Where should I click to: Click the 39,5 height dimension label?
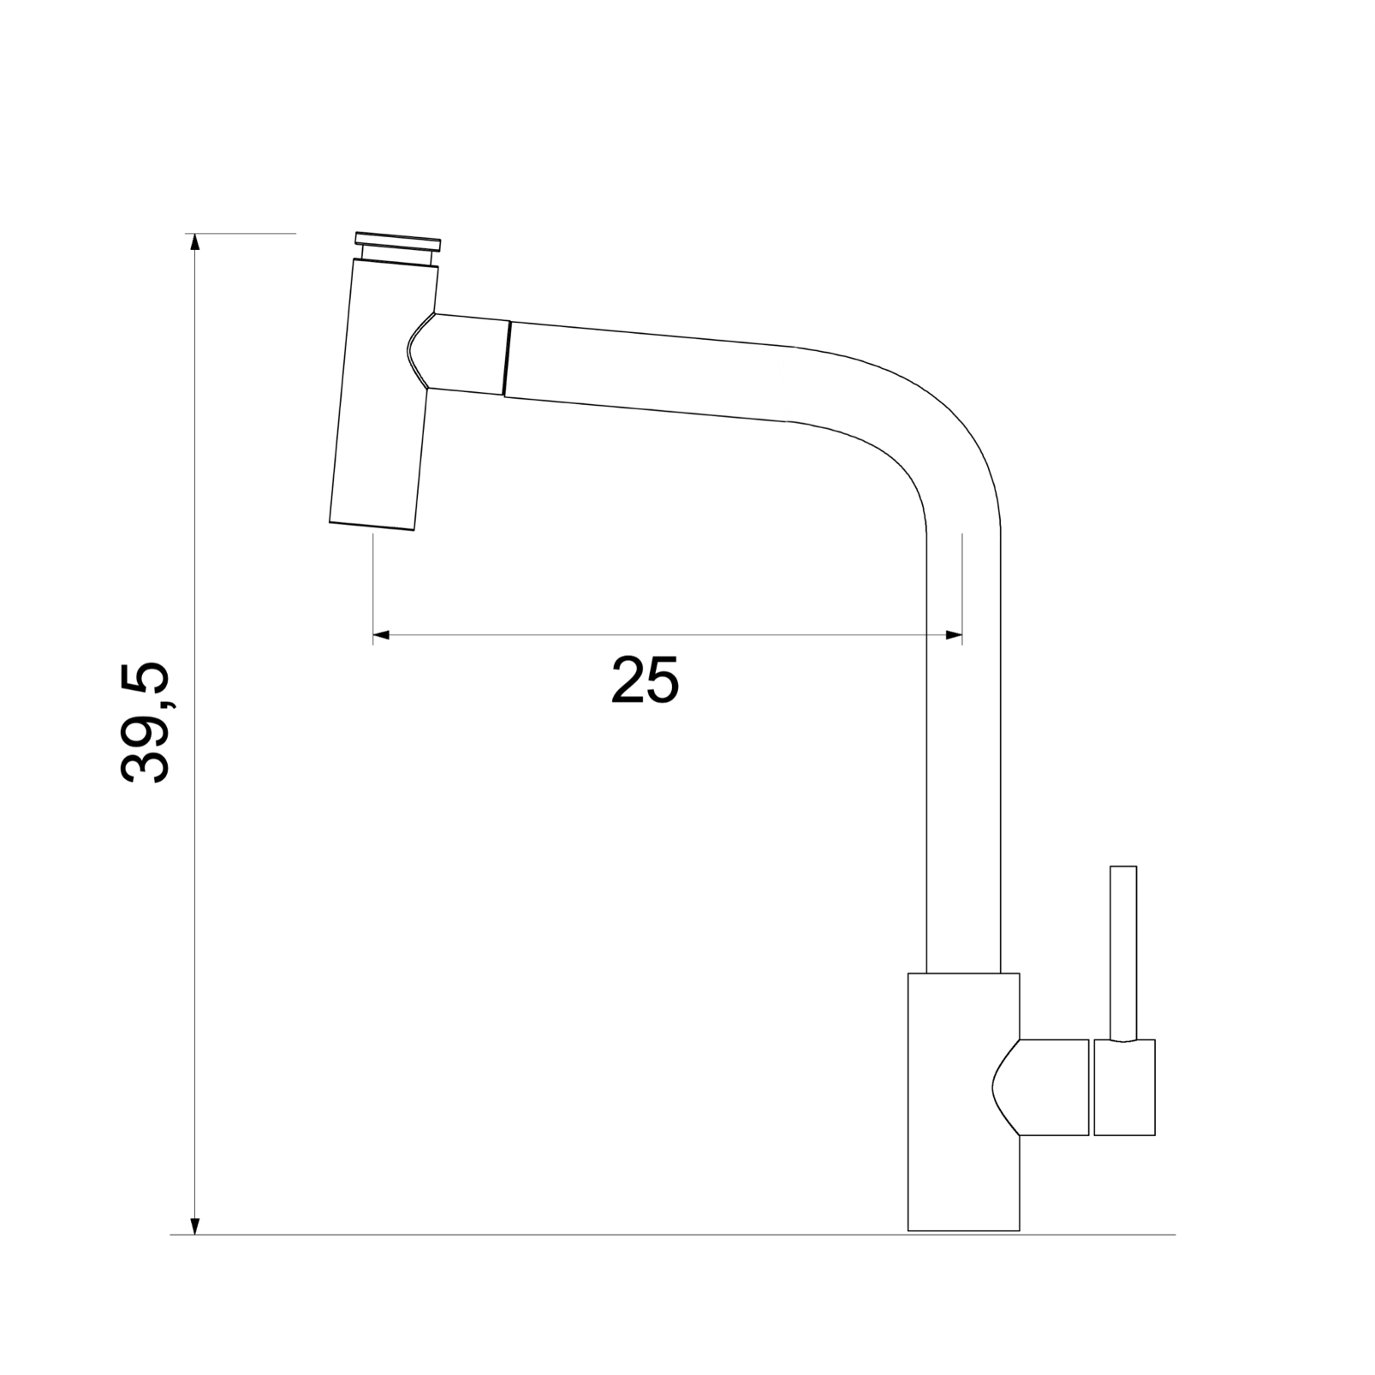[x=146, y=722]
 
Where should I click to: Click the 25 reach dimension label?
[x=646, y=681]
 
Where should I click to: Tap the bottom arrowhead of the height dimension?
[x=195, y=1226]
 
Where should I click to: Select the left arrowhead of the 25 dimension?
[x=382, y=634]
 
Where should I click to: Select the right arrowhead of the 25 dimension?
[x=954, y=634]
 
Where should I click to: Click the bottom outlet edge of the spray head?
[x=372, y=527]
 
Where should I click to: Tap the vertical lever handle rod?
[x=1123, y=953]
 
